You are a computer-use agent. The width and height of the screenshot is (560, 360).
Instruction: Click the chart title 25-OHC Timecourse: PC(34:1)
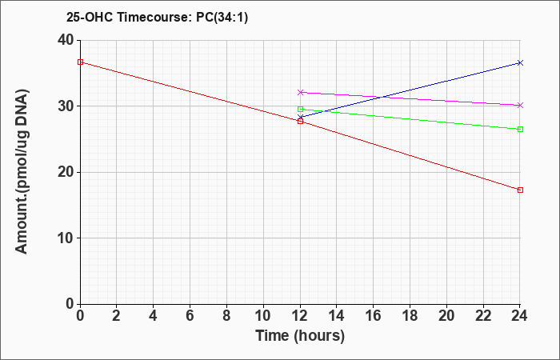click(157, 17)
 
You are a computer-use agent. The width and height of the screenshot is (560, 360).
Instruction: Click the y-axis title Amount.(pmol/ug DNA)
click(22, 171)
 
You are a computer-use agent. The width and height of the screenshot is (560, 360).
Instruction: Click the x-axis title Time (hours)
click(300, 336)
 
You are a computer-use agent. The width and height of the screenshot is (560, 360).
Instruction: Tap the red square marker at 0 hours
click(80, 62)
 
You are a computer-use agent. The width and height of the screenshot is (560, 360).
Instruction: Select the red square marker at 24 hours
click(520, 190)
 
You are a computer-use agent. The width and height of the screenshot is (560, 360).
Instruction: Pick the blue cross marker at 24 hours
click(520, 63)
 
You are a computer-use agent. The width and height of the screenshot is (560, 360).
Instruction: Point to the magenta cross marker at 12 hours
click(300, 92)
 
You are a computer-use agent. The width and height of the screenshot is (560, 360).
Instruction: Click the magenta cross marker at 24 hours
click(520, 106)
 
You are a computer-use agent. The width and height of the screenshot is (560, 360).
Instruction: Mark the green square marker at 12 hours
click(300, 110)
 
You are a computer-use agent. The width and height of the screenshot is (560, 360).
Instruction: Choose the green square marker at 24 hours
click(520, 130)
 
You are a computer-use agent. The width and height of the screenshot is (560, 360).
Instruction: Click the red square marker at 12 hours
click(300, 122)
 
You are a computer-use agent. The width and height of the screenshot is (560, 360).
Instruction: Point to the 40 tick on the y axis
click(66, 40)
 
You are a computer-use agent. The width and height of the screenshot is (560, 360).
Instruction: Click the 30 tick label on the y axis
click(66, 106)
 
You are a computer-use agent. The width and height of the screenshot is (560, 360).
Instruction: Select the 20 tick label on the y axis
click(66, 173)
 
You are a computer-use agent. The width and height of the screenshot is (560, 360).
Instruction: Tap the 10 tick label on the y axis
click(66, 238)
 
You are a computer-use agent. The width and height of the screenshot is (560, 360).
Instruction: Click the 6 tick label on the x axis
click(190, 316)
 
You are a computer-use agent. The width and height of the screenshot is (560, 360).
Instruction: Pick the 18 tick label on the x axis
click(410, 316)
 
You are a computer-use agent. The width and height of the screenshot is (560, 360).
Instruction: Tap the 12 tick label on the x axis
click(300, 316)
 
